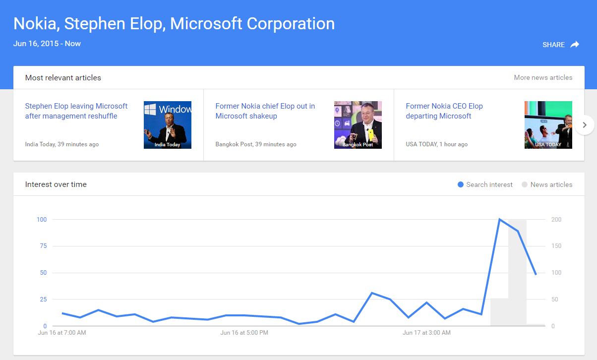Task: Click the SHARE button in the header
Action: pyautogui.click(x=561, y=45)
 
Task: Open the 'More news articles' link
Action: pyautogui.click(x=543, y=77)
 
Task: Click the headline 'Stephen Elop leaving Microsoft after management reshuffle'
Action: pyautogui.click(x=76, y=111)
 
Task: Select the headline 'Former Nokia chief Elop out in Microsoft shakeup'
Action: pyautogui.click(x=265, y=111)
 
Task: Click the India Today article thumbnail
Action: pyautogui.click(x=168, y=125)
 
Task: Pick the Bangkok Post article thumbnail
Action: pyautogui.click(x=358, y=125)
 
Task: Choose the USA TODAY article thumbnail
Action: pyautogui.click(x=548, y=125)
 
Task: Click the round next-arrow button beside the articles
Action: pyautogui.click(x=585, y=125)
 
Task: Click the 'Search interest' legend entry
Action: pyautogui.click(x=485, y=184)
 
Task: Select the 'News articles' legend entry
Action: pyautogui.click(x=547, y=184)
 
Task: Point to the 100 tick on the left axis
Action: pyautogui.click(x=42, y=220)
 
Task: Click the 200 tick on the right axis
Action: pyautogui.click(x=556, y=220)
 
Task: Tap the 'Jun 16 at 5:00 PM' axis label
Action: pyautogui.click(x=244, y=333)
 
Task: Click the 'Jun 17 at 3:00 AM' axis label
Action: pyautogui.click(x=427, y=333)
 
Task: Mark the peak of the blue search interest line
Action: pyautogui.click(x=499, y=219)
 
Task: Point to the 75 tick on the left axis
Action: pyautogui.click(x=44, y=246)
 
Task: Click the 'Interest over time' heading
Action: pyautogui.click(x=56, y=184)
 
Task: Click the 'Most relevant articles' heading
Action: pyautogui.click(x=63, y=77)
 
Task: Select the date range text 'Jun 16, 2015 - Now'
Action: pyautogui.click(x=47, y=44)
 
